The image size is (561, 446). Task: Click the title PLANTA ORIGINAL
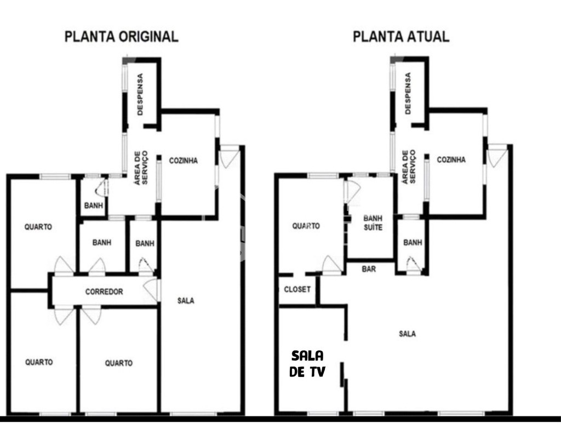(121, 37)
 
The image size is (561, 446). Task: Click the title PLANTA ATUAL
(401, 37)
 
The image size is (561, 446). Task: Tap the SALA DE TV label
(307, 364)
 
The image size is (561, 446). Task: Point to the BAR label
(369, 269)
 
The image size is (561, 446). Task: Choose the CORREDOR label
(104, 291)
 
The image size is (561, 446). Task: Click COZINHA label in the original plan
(184, 161)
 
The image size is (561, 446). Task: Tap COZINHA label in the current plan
(451, 160)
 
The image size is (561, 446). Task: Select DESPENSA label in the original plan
(140, 94)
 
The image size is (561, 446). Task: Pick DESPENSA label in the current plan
(408, 94)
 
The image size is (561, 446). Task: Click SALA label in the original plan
(186, 300)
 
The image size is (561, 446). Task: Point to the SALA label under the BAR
(407, 334)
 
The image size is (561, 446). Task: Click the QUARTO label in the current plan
(306, 226)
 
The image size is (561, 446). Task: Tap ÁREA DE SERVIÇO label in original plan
(141, 167)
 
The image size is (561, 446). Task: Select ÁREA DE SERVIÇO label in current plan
(408, 167)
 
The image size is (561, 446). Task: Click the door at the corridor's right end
(151, 290)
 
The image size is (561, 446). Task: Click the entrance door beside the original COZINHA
(229, 156)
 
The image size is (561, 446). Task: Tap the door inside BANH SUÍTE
(352, 191)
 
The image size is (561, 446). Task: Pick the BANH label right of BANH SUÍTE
(412, 243)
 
